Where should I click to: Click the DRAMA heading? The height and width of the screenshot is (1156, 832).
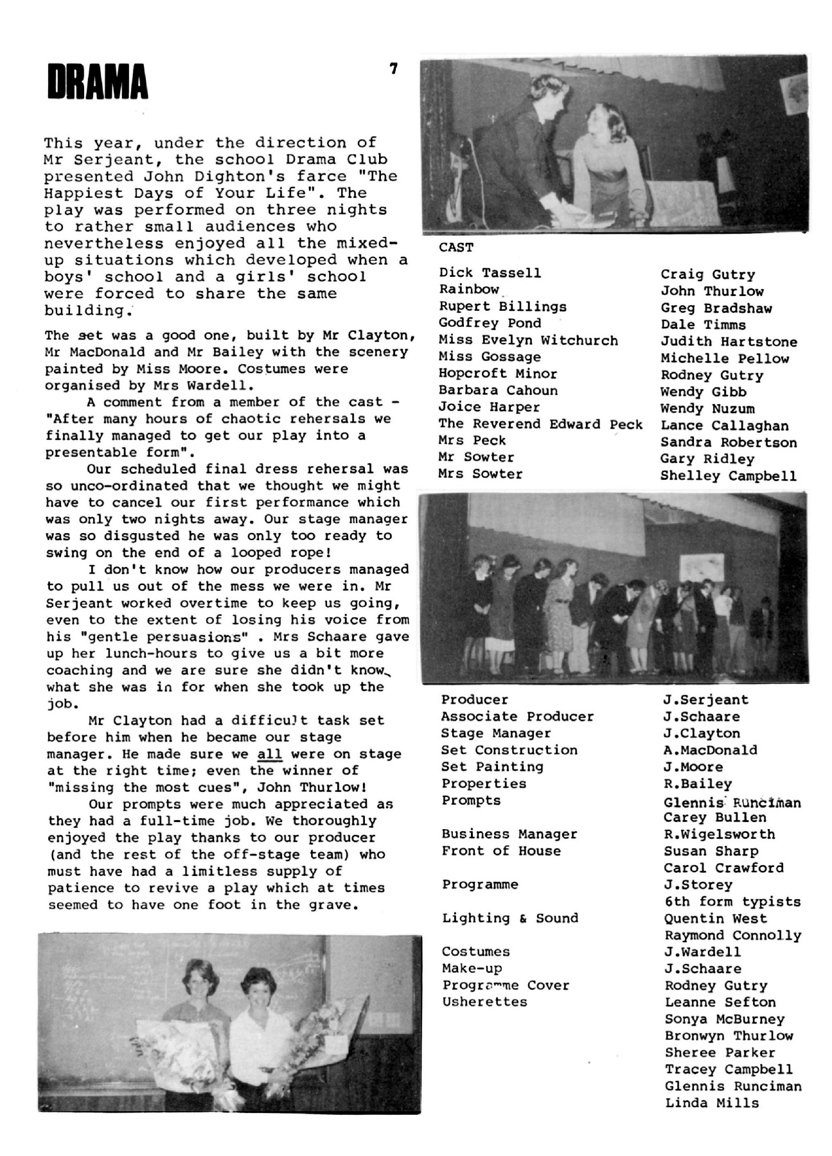coord(98,82)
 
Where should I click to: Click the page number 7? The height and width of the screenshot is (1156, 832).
coord(393,68)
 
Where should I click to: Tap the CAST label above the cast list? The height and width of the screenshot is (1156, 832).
coord(456,247)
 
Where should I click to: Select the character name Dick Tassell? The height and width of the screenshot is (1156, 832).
coord(490,273)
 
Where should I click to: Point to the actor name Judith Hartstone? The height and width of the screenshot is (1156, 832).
coord(729,342)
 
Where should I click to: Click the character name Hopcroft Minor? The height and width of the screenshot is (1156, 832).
coord(497,374)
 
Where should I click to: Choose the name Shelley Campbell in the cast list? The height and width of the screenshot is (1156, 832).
coord(728,476)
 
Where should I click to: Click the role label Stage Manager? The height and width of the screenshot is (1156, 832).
coord(495,733)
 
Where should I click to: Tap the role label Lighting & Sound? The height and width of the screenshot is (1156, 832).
coord(509,918)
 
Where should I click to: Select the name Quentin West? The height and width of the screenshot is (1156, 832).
coord(715,918)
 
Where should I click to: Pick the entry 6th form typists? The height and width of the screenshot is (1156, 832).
coord(732,902)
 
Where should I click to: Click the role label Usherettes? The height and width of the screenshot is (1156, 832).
coord(484,1002)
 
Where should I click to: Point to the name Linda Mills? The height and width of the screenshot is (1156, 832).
coord(712,1103)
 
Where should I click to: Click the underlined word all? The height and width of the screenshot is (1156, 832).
coord(270,754)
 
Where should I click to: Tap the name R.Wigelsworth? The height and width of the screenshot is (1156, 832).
coord(719,834)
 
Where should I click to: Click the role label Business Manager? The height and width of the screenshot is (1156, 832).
coord(509,834)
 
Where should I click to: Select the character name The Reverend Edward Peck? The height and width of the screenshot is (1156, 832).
coord(540,424)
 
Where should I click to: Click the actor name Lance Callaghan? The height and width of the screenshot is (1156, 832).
coord(724,426)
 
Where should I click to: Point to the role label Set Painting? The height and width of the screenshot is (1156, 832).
coord(492,767)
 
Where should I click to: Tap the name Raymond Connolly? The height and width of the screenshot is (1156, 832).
coord(732,935)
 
